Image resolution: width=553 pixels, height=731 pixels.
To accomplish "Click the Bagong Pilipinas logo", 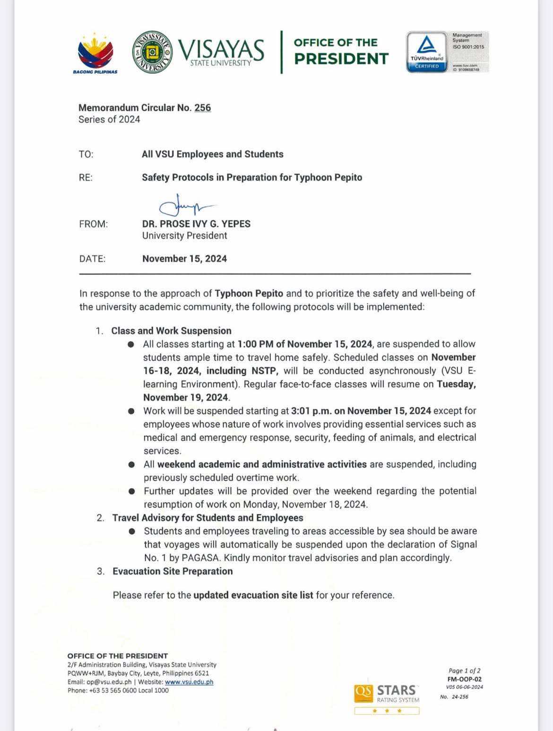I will (x=95, y=53).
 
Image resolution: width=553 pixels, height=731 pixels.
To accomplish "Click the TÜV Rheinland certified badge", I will (x=427, y=52).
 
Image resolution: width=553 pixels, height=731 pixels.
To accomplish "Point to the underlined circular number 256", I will (x=202, y=108).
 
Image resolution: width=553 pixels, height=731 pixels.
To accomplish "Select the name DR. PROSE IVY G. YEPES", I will (x=196, y=224).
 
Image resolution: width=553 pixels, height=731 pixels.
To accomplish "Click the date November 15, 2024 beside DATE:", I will (x=184, y=258).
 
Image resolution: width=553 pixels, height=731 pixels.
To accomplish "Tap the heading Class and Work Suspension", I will (x=171, y=331).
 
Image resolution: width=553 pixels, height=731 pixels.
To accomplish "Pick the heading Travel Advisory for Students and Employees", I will (x=207, y=518).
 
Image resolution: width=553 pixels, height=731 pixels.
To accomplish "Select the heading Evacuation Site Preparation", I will (x=173, y=571).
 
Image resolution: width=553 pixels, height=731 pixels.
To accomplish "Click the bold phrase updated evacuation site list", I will (x=253, y=595).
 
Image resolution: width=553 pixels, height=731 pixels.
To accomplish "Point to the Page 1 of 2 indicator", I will (x=464, y=670).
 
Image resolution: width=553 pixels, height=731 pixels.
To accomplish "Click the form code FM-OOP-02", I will (x=464, y=679).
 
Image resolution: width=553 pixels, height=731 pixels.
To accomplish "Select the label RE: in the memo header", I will (x=86, y=177).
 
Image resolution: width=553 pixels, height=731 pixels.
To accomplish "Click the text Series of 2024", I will (x=109, y=119).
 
